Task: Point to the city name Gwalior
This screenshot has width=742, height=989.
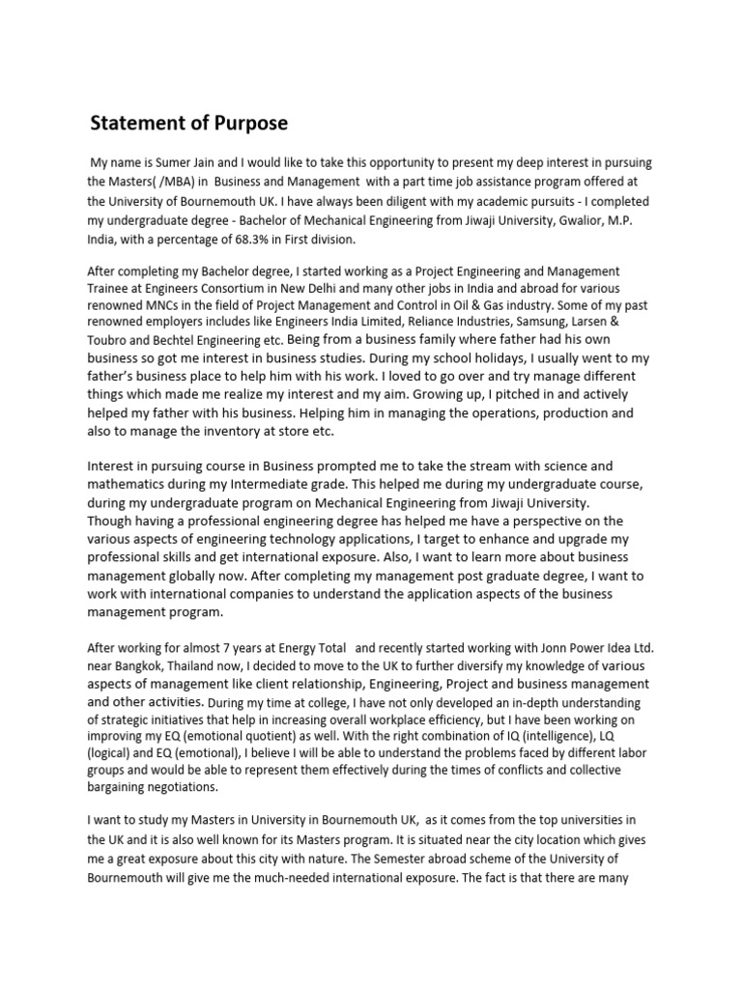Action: pos(556,220)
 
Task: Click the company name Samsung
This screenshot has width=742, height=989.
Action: pos(528,321)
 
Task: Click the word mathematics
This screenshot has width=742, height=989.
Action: pos(133,486)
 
